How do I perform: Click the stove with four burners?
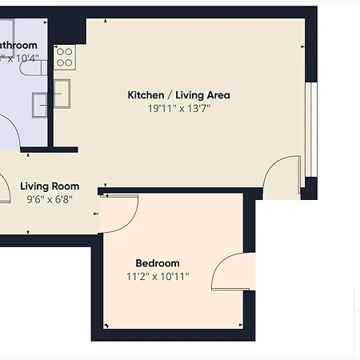(65, 57)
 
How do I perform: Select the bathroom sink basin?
(40, 104)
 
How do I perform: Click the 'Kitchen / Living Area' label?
(179, 95)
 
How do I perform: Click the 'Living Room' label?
(50, 186)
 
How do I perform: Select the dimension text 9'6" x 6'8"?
(49, 200)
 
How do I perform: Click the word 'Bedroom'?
(158, 263)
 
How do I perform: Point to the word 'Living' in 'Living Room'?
(34, 186)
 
